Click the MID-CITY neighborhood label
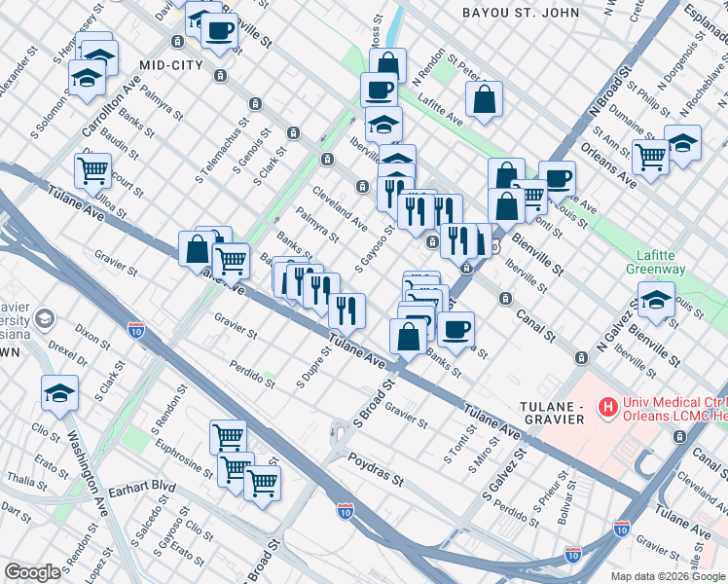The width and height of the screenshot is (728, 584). pos(170,64)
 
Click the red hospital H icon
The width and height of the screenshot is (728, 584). pos(609,404)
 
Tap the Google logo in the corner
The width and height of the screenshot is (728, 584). pos(33,571)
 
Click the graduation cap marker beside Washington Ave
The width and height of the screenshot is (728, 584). pos(59,394)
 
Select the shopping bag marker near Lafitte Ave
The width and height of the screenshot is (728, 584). pos(484,98)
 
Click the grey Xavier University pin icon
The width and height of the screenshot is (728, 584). pos(44,319)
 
